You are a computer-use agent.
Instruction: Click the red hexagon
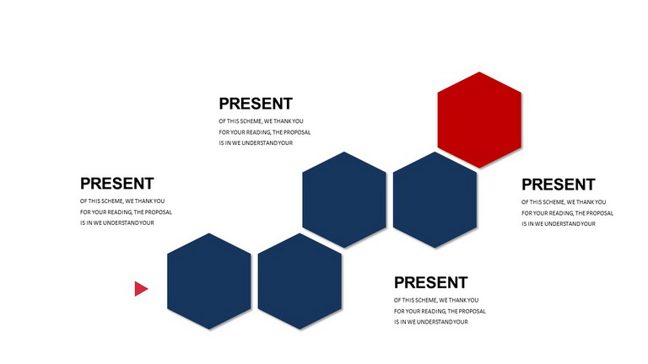pyautogui.click(x=479, y=120)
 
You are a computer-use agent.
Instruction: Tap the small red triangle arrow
pyautogui.click(x=141, y=289)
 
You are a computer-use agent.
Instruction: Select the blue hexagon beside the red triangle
pyautogui.click(x=208, y=281)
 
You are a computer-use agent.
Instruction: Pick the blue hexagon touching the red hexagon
pyautogui.click(x=435, y=200)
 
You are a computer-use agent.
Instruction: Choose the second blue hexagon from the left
pyautogui.click(x=300, y=281)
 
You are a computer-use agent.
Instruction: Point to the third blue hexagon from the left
pyautogui.click(x=344, y=200)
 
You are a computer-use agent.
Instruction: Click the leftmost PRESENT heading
pyautogui.click(x=117, y=183)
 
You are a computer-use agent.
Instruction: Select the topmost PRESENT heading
pyautogui.click(x=256, y=104)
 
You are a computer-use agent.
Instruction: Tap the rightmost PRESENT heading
pyautogui.click(x=559, y=185)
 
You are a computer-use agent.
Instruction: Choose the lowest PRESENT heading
pyautogui.click(x=430, y=283)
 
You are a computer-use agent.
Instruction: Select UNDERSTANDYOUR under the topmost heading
pyautogui.click(x=267, y=143)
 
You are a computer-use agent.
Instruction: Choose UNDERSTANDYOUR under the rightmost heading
pyautogui.click(x=570, y=224)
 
